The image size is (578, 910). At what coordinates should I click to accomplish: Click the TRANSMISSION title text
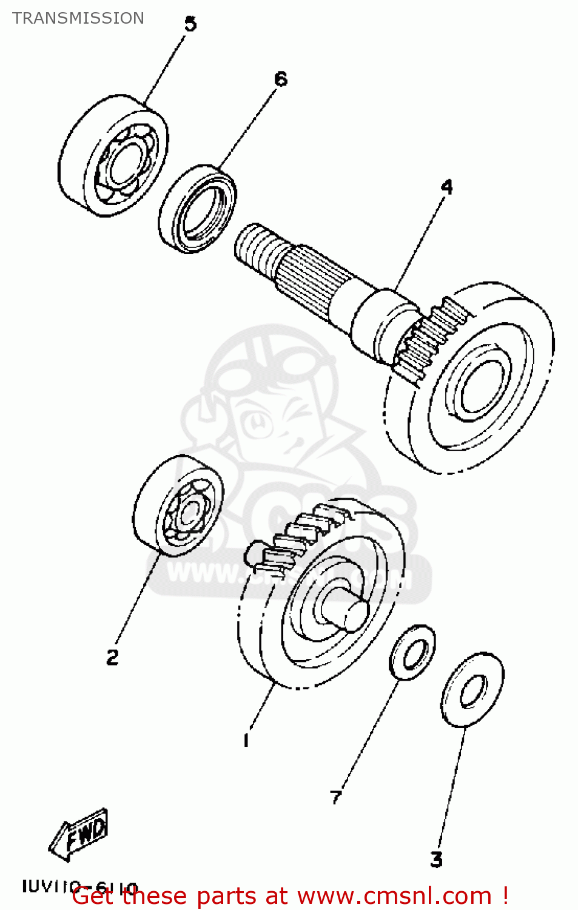point(78,18)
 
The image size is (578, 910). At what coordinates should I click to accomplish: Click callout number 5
point(190,24)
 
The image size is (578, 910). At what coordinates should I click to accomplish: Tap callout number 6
point(281,79)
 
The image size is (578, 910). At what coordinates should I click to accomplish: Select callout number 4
point(446,187)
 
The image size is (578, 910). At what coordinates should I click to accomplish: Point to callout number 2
point(113,657)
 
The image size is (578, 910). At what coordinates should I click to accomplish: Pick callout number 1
point(246,740)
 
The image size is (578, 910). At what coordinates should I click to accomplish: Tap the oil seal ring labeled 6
point(198,208)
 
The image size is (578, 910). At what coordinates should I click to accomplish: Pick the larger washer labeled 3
point(472,690)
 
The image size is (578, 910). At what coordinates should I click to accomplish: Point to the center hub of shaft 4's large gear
point(481,388)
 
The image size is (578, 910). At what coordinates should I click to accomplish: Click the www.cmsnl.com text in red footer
point(394,896)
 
